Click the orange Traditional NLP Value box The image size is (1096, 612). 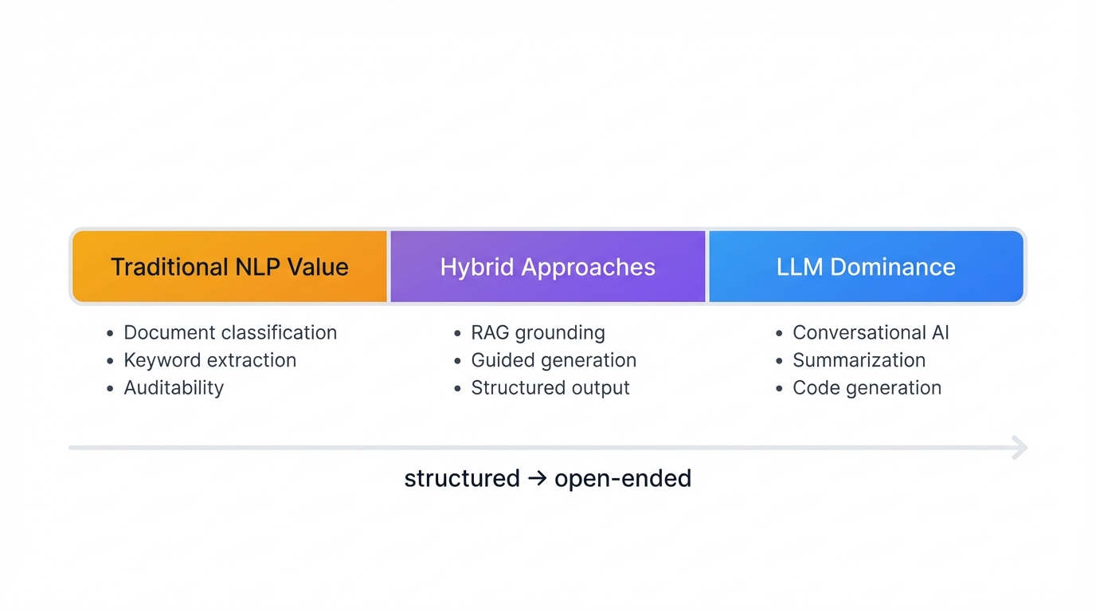[x=229, y=267]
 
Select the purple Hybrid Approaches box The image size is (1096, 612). [x=548, y=267]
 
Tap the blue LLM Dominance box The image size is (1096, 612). [x=866, y=267]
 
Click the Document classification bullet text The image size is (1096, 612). [x=230, y=332]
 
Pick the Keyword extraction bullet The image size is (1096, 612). [x=209, y=360]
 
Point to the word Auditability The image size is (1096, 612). [x=174, y=388]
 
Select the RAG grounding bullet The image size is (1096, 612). [x=538, y=332]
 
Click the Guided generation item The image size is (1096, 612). [x=554, y=360]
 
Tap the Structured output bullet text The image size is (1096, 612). [x=550, y=388]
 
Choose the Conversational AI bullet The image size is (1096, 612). [x=871, y=332]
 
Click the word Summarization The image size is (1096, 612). [x=859, y=360]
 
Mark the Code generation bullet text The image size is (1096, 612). [x=867, y=388]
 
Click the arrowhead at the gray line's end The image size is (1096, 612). [x=1020, y=448]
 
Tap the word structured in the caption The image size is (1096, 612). [x=461, y=479]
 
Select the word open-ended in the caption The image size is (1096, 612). [x=622, y=479]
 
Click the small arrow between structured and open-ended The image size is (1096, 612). [x=537, y=480]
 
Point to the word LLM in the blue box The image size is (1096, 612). [x=800, y=267]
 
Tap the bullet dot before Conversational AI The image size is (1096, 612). [x=780, y=334]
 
